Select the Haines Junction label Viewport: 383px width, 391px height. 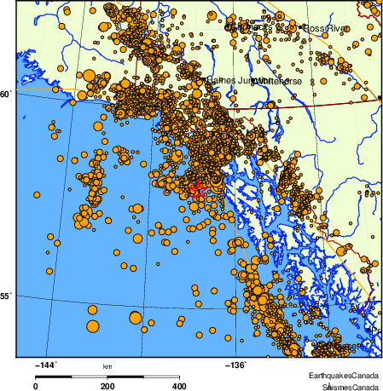230,80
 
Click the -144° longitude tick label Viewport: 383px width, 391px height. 44,365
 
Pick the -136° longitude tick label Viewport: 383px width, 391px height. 235,365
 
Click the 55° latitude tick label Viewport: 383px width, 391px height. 5,296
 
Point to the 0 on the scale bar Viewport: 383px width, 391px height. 35,386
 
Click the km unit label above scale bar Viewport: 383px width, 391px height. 107,366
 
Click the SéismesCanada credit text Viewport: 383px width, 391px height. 345,386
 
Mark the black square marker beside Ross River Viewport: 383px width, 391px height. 301,28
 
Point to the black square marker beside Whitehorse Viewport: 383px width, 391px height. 253,81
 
